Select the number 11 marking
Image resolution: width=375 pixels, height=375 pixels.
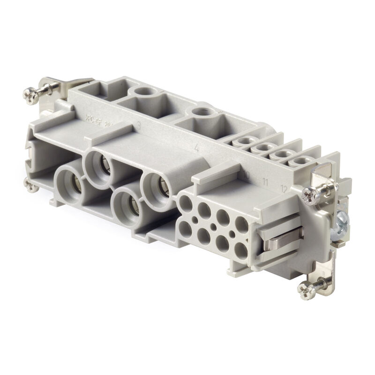(x=265, y=182)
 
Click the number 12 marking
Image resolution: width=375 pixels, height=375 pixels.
(x=283, y=189)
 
